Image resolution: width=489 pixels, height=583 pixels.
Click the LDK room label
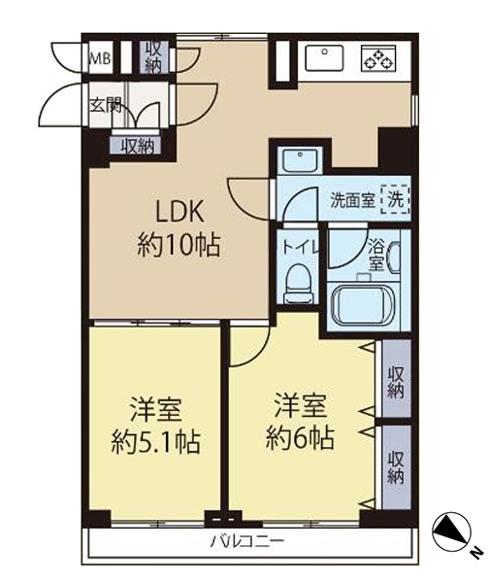pyautogui.click(x=179, y=211)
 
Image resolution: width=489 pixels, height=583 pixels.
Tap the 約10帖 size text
pyautogui.click(x=179, y=245)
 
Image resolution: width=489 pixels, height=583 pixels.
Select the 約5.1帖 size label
pyautogui.click(x=156, y=441)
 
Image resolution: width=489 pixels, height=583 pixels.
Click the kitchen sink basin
pyautogui.click(x=324, y=57)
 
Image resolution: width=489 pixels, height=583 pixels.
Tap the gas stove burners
pyautogui.click(x=378, y=58)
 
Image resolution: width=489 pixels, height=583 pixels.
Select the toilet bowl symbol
pyautogui.click(x=299, y=284)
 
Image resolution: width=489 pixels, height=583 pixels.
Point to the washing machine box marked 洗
pyautogui.click(x=396, y=201)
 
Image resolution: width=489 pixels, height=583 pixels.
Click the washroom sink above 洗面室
pyautogui.click(x=300, y=161)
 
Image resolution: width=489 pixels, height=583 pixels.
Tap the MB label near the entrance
pyautogui.click(x=101, y=58)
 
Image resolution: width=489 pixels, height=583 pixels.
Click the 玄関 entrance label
pyautogui.click(x=106, y=106)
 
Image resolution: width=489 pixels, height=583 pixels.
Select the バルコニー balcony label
pyautogui.click(x=248, y=541)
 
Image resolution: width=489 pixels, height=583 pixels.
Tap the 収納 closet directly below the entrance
pyautogui.click(x=138, y=146)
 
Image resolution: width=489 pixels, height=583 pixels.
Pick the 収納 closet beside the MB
pyautogui.click(x=152, y=57)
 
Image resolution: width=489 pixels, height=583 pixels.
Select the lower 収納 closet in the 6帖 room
pyautogui.click(x=396, y=467)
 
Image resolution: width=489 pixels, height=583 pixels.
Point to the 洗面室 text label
pyautogui.click(x=352, y=201)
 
